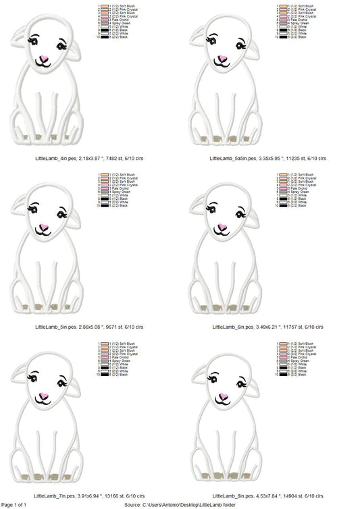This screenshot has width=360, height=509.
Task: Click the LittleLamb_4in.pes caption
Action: tap(88, 157)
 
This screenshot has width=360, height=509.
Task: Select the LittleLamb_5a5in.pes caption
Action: tap(267, 157)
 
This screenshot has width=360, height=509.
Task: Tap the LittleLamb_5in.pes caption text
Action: tap(88, 327)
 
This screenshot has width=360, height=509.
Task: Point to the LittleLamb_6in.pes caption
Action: tap(267, 327)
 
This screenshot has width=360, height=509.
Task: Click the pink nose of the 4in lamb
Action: tap(42, 58)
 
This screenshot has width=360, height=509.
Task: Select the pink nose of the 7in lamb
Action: tap(42, 394)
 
